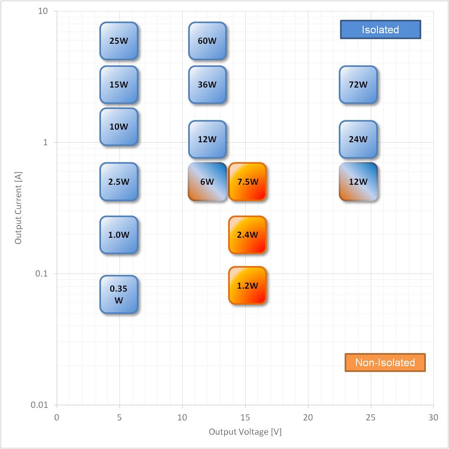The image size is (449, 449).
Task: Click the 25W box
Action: [119, 41]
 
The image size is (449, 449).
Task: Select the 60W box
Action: [207, 41]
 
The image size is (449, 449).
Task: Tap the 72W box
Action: [358, 85]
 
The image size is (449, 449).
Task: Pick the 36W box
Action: [207, 85]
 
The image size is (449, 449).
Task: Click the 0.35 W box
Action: [119, 295]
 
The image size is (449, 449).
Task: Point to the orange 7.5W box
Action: [247, 182]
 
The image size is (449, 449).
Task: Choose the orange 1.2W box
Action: [247, 285]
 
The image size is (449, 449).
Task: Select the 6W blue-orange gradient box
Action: [207, 182]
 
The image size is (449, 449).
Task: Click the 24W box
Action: [358, 139]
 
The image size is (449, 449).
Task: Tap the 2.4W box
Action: [247, 235]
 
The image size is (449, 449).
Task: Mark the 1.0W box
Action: [119, 235]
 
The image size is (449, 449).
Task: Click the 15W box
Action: [119, 85]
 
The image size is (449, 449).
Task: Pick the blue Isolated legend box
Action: [380, 30]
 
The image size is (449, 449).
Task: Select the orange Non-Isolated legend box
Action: [385, 362]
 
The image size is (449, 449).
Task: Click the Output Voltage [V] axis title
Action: [245, 432]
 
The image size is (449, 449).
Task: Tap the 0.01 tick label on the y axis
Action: [40, 405]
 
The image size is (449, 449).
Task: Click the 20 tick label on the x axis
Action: [308, 417]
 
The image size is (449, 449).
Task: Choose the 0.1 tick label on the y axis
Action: [42, 274]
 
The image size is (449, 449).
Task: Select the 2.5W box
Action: [119, 182]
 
